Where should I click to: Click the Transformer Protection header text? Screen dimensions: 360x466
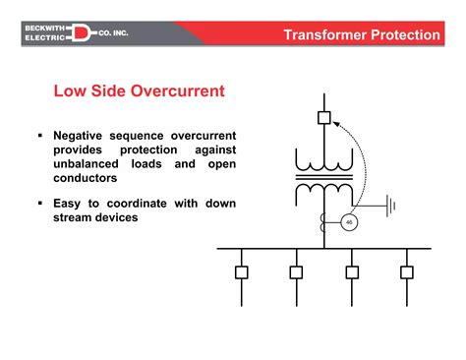coord(361,35)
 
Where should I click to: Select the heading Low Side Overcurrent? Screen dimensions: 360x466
coord(139,91)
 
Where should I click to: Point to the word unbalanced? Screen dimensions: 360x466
coord(91,164)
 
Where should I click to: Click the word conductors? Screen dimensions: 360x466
coord(87,179)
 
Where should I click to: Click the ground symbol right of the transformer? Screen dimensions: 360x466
coord(392,206)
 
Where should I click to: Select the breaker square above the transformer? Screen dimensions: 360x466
coord(323,118)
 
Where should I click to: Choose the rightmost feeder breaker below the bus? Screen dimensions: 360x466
coord(405,271)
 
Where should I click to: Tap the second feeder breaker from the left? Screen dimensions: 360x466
coord(296,271)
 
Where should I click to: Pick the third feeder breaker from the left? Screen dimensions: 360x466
coord(351,271)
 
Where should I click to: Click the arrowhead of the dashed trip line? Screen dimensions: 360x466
coord(334,122)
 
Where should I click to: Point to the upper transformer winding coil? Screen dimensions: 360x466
coord(323,160)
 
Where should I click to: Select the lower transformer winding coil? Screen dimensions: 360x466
coord(323,188)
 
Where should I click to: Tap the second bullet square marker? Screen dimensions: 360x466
coord(40,204)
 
